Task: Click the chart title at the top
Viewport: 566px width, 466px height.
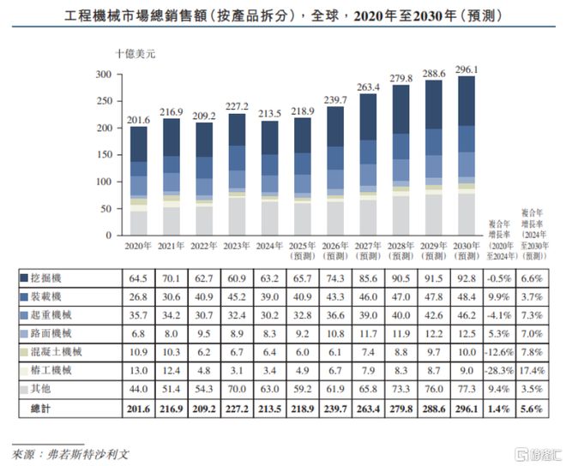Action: pyautogui.click(x=283, y=16)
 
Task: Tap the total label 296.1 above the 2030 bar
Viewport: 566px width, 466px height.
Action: pyautogui.click(x=467, y=68)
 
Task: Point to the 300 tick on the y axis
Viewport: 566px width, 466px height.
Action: pyautogui.click(x=104, y=75)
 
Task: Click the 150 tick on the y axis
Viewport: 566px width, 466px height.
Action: pyautogui.click(x=104, y=155)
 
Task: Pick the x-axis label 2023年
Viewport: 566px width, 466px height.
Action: pyautogui.click(x=237, y=245)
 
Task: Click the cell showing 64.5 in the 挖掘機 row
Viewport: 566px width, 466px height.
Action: pyautogui.click(x=138, y=278)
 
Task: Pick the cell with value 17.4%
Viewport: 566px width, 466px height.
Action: pyautogui.click(x=533, y=371)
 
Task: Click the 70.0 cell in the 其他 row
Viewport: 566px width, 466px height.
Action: pyautogui.click(x=237, y=391)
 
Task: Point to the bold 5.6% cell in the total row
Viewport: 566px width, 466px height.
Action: pyautogui.click(x=533, y=409)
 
